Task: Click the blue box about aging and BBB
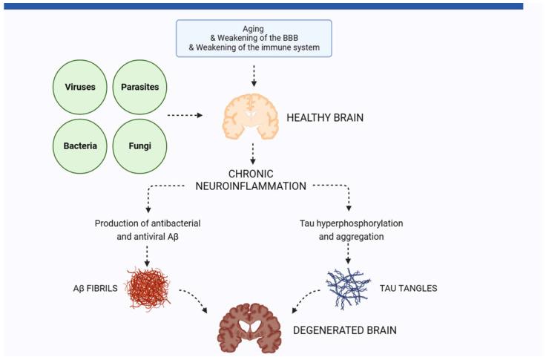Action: click(x=253, y=39)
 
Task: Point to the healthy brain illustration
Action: click(x=253, y=117)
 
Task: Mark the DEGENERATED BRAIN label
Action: click(x=344, y=330)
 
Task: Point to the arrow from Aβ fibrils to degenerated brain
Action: click(x=194, y=300)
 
